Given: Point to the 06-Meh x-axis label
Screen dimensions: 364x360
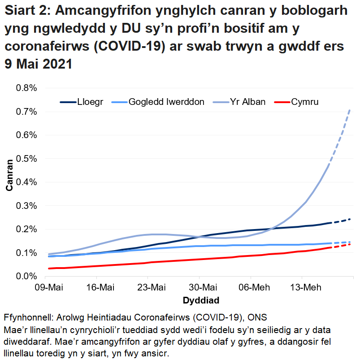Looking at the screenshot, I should [x=250, y=287].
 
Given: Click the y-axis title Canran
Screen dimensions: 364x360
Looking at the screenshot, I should [x=10, y=182].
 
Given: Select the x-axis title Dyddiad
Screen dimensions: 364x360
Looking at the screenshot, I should [x=200, y=299].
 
